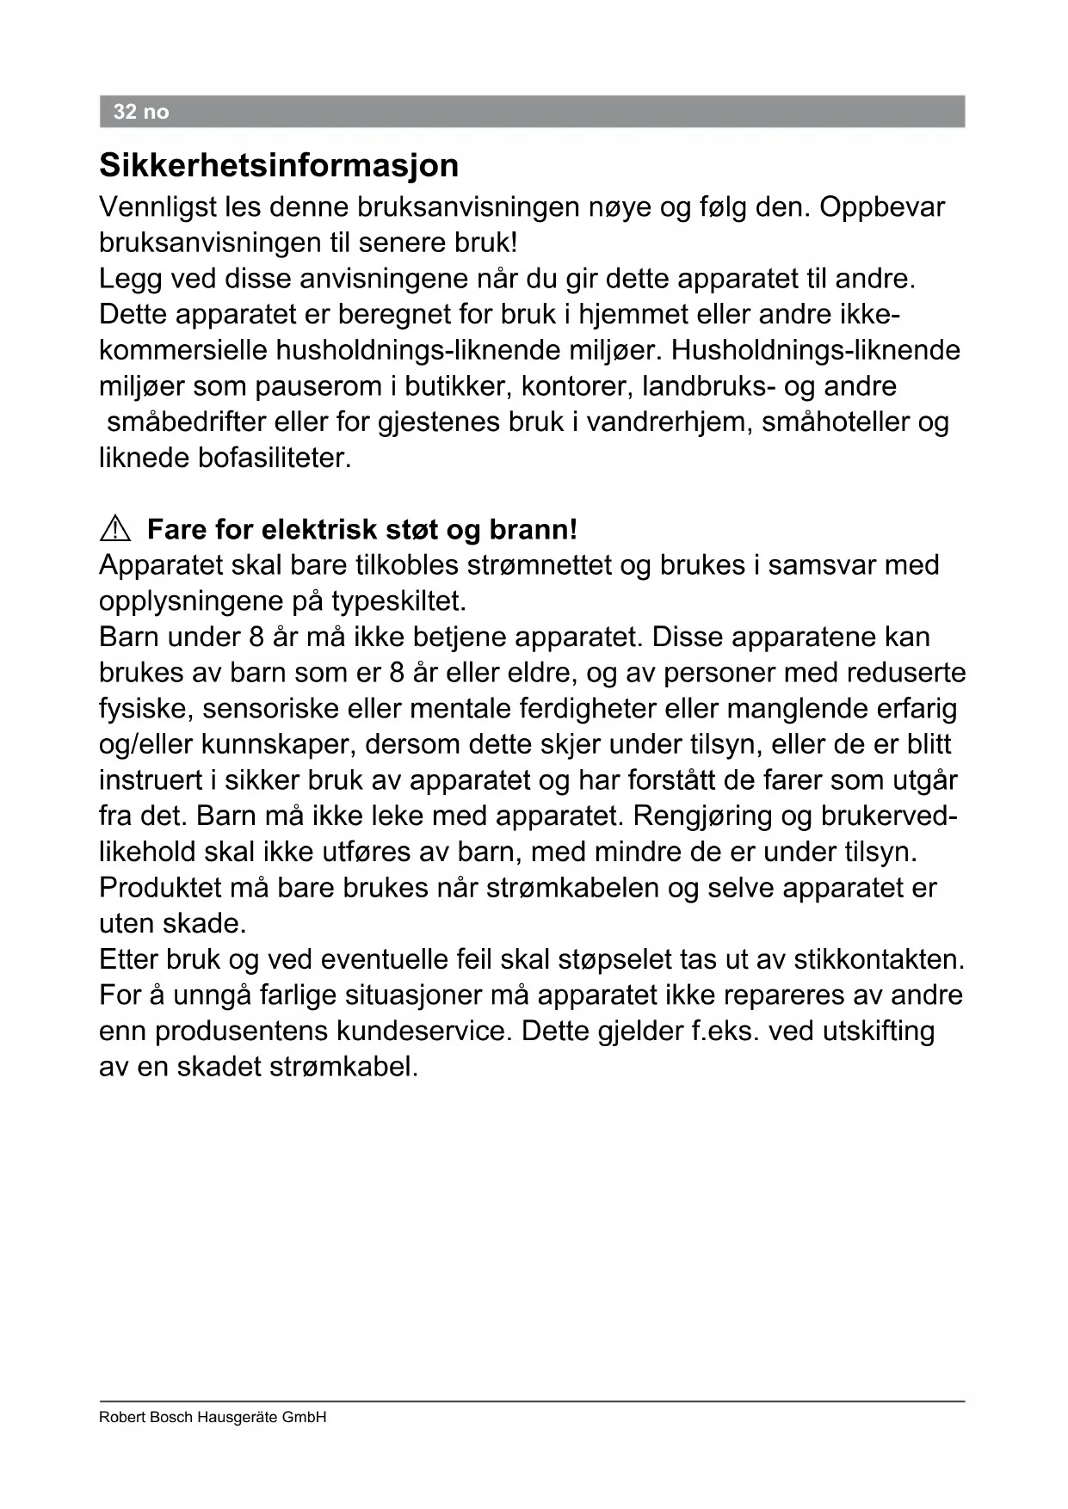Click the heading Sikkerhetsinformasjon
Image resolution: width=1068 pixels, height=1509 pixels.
point(279,165)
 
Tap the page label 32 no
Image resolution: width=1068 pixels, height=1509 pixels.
point(141,112)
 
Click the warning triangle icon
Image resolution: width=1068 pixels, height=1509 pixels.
point(115,529)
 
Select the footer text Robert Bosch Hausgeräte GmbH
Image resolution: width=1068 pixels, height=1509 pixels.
point(213,1417)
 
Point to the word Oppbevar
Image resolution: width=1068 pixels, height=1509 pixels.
point(882,207)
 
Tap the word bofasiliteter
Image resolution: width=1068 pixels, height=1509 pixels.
point(275,458)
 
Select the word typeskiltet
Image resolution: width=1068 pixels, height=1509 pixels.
point(398,601)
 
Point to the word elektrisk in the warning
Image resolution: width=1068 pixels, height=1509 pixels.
point(318,529)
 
